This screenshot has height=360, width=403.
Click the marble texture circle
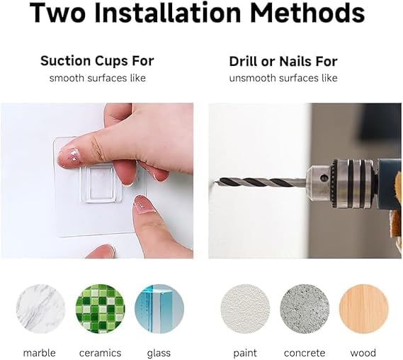pos(40,309)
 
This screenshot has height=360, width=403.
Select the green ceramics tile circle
pos(101,309)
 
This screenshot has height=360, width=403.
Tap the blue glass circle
pos(159,309)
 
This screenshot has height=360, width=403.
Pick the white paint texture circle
pos(245,309)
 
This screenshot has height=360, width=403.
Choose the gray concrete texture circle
pos(305,309)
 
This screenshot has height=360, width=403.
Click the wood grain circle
pos(363,309)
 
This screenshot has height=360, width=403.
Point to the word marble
pos(40,353)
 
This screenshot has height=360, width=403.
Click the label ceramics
pos(101,353)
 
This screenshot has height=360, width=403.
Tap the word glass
pos(159,354)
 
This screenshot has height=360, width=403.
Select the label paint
pos(245,354)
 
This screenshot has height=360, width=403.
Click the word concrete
pos(305,353)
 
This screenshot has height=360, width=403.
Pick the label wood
pos(363,353)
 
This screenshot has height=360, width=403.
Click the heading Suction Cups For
pos(97,61)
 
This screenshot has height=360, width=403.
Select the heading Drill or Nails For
pos(283,62)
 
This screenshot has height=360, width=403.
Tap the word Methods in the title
pos(307,13)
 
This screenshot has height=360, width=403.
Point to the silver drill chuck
pos(342,184)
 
